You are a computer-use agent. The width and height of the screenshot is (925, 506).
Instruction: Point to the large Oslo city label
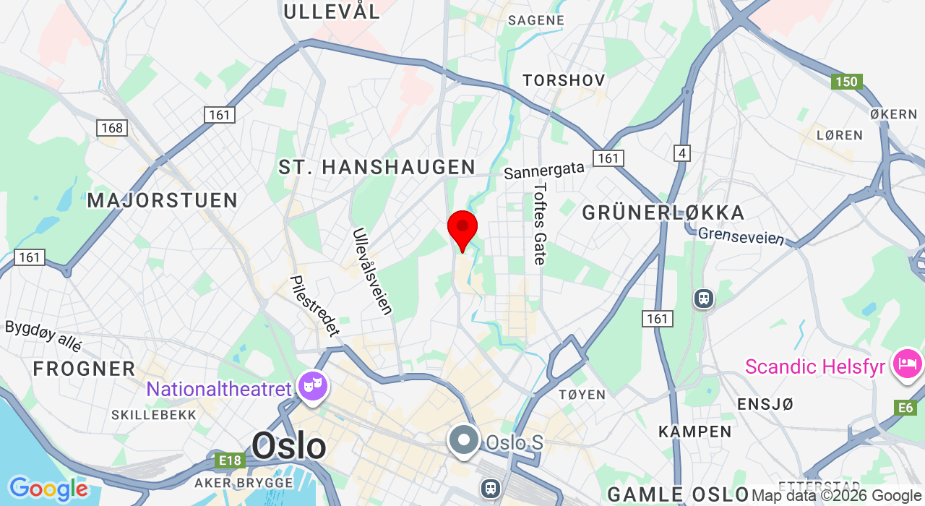coord(289,446)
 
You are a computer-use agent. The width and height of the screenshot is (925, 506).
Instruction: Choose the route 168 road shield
coord(112,128)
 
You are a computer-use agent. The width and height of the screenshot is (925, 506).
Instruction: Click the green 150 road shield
coord(846,82)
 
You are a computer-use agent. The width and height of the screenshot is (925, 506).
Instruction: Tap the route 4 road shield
coord(681,153)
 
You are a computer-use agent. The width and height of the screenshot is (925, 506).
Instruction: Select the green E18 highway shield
coord(229,460)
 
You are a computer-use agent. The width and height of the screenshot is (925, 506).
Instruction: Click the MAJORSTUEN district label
coord(163,200)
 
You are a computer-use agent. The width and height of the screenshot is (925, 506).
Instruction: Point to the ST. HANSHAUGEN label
coord(377,167)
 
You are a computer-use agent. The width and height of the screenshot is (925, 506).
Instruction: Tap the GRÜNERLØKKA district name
coord(663,213)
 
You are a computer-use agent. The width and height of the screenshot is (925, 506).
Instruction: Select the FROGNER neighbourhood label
coord(84,369)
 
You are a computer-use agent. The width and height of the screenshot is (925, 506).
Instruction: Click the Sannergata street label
coord(544,171)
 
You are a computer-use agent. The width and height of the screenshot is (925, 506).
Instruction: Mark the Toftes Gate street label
coord(540,223)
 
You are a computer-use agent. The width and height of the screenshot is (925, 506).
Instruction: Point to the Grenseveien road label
coord(741,236)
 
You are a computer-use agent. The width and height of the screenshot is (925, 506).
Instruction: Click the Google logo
coord(48,489)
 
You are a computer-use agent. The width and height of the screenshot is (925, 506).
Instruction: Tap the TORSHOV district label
coord(564,80)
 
